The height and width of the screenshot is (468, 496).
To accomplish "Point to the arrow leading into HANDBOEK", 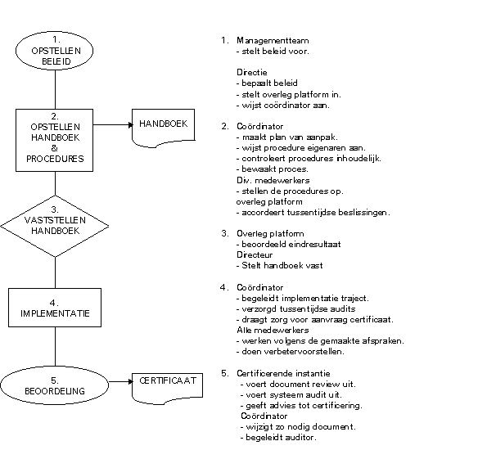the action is tap(113, 125).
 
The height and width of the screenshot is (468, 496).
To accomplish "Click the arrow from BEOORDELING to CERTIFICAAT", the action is tap(120, 381).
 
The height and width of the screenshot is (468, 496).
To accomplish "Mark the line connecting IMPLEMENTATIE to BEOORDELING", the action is tap(56, 347).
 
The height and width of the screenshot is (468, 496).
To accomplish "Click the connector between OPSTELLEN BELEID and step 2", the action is tap(56, 89).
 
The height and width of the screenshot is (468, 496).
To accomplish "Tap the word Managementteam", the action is tap(273, 41).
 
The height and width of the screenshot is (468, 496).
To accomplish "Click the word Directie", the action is tap(252, 73).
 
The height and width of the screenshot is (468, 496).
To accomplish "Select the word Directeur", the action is tap(255, 255).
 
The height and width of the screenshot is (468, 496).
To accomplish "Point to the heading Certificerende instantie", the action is tap(283, 373).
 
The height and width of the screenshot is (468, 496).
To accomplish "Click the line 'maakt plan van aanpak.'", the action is tap(287, 137).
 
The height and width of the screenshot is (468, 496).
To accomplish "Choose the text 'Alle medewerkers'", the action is tap(273, 330).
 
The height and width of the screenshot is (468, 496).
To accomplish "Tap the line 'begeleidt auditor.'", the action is tap(278, 438).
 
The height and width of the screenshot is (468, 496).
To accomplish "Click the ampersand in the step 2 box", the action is tap(54, 148).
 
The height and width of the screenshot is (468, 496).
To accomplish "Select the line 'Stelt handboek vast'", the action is tap(280, 266).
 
